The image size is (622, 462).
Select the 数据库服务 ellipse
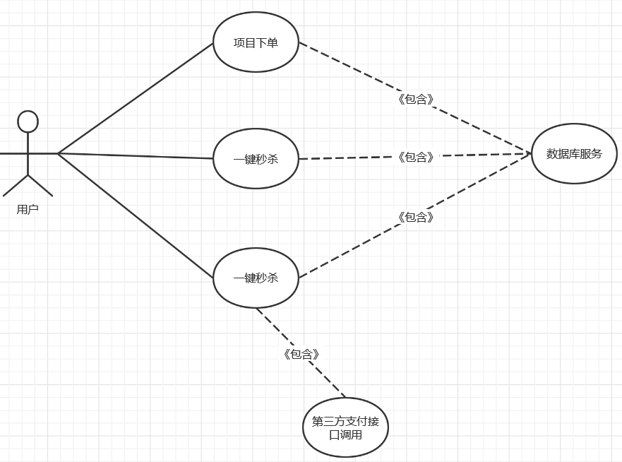[x=574, y=153]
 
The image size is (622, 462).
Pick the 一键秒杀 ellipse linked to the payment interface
[x=256, y=278]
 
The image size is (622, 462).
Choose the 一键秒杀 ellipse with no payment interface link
[x=256, y=159]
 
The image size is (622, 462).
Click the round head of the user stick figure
[x=28, y=121]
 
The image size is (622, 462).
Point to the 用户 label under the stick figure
[x=28, y=209]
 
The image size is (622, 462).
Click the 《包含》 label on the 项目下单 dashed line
[x=416, y=99]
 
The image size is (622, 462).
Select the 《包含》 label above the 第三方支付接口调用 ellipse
[x=301, y=354]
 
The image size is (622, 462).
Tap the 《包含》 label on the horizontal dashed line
[x=416, y=157]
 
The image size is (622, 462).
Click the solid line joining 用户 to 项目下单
[x=134, y=98]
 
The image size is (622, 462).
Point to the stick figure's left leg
[x=16, y=185]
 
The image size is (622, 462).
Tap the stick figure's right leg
[x=40, y=185]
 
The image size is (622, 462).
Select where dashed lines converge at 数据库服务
[x=530, y=153]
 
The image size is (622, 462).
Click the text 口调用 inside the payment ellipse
[x=346, y=435]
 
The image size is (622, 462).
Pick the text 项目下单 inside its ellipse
[x=256, y=42]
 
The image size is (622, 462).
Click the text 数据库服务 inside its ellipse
[x=574, y=153]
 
